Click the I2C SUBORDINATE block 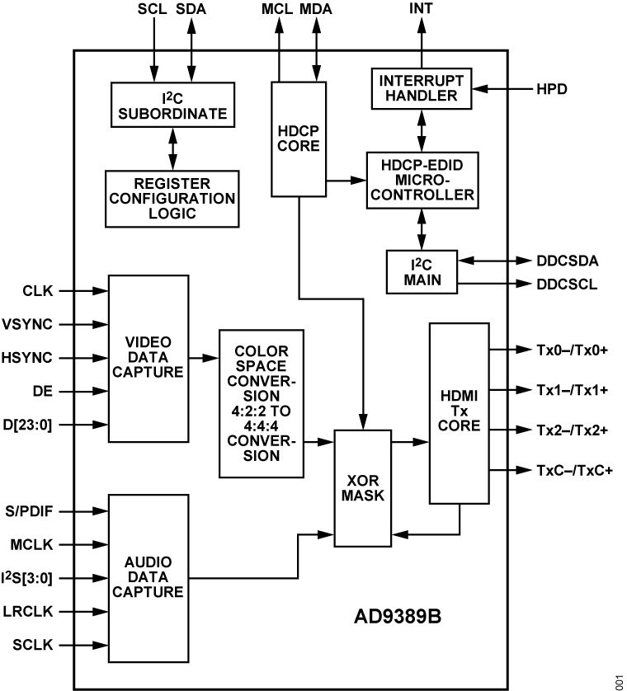pyautogui.click(x=172, y=105)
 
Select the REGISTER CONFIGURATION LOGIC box pyautogui.click(x=172, y=199)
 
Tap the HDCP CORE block pyautogui.click(x=299, y=139)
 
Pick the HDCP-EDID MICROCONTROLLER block pyautogui.click(x=422, y=179)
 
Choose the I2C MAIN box pyautogui.click(x=422, y=270)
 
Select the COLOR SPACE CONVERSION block pyautogui.click(x=261, y=403)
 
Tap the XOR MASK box pyautogui.click(x=362, y=488)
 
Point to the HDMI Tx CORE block pyautogui.click(x=458, y=412)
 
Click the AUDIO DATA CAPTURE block pyautogui.click(x=148, y=577)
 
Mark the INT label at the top pyautogui.click(x=421, y=9)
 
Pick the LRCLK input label pyautogui.click(x=31, y=612)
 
